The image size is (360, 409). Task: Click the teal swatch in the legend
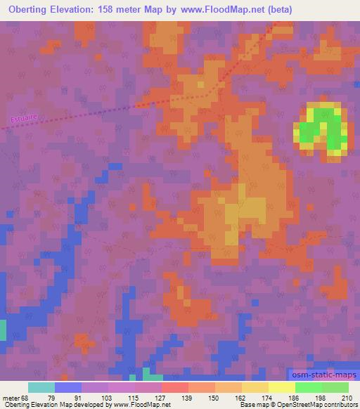tap(41, 387)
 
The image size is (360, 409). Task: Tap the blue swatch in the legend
tap(67, 387)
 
